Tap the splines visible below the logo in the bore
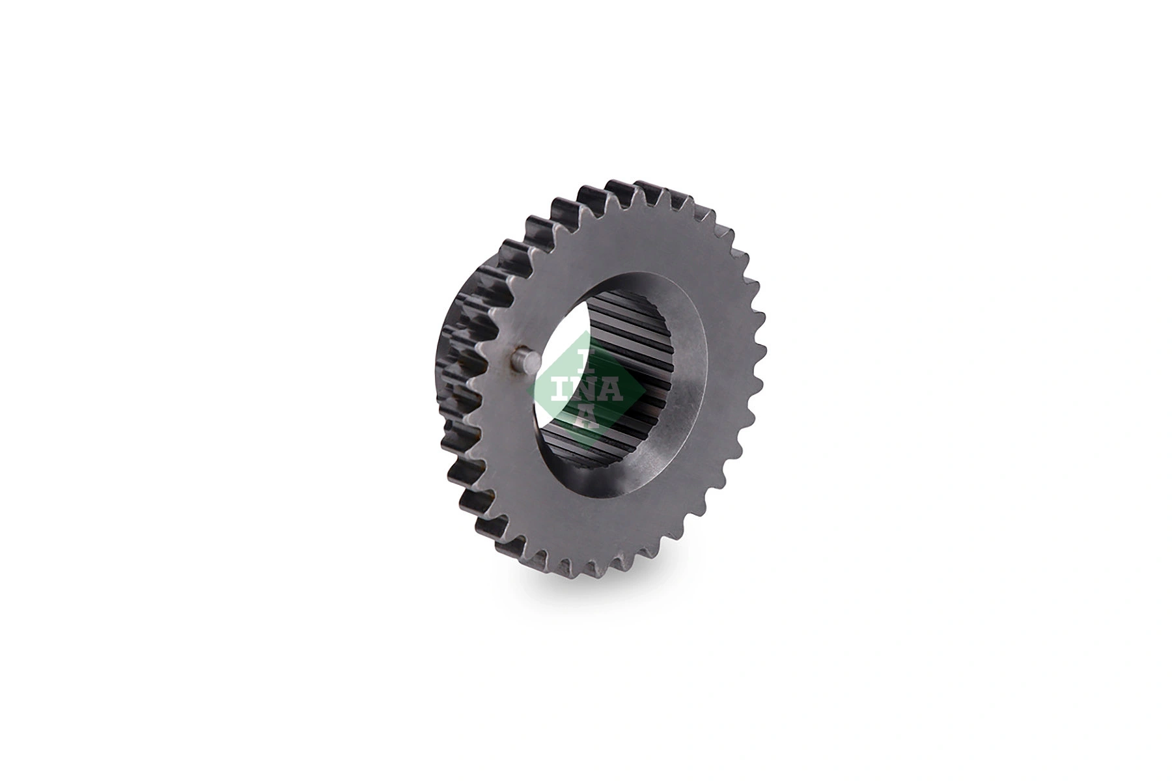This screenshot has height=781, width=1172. (586, 449)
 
